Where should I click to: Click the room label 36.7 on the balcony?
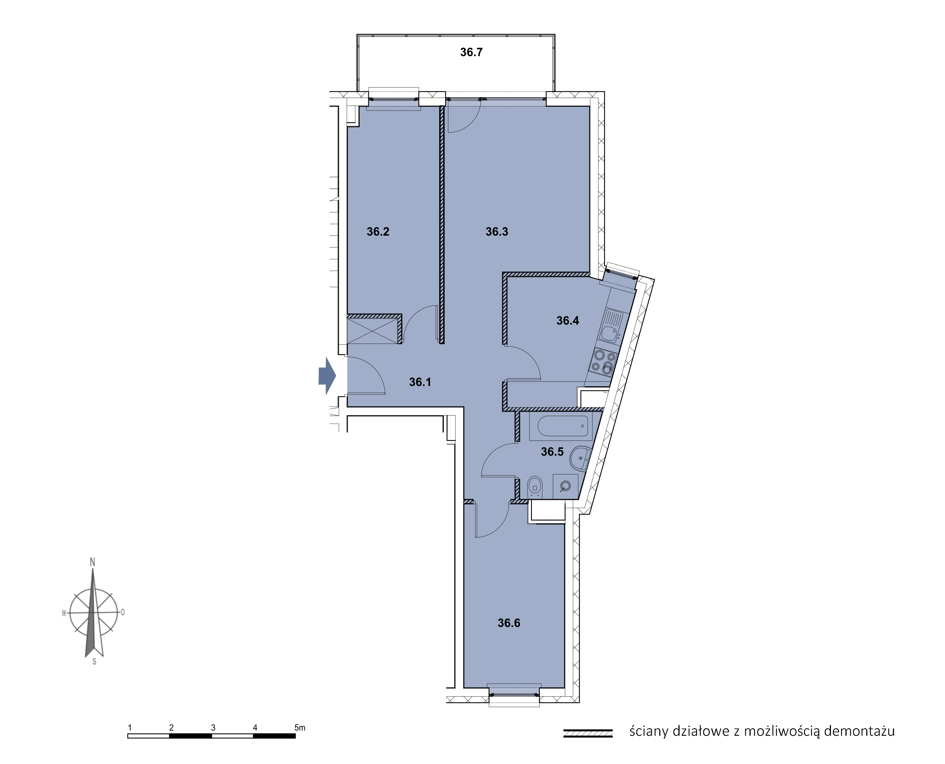(x=471, y=52)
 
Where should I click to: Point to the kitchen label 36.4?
(x=568, y=321)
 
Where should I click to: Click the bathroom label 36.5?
(x=552, y=452)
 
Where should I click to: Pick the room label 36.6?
(x=509, y=623)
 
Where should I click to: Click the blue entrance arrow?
(x=327, y=376)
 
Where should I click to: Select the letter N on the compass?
(x=92, y=562)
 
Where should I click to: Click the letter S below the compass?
(x=94, y=661)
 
